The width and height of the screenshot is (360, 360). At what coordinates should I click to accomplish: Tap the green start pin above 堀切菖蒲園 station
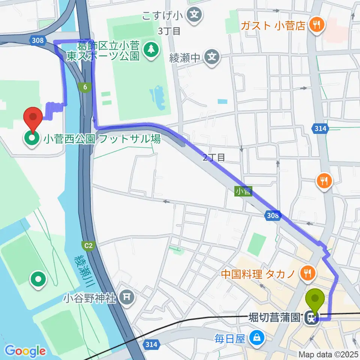coord(315,299)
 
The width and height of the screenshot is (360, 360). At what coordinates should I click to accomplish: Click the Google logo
coord(25,351)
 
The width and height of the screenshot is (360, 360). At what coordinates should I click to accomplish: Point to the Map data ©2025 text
coord(329,354)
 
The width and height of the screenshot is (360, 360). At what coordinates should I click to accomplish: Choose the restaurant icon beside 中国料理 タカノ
coord(308,273)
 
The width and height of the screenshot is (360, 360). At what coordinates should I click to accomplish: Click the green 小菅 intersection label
coord(243,192)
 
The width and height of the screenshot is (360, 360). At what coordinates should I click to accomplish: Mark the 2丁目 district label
coord(214,158)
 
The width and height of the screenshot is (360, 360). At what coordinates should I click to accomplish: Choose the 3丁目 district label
coord(169,31)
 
